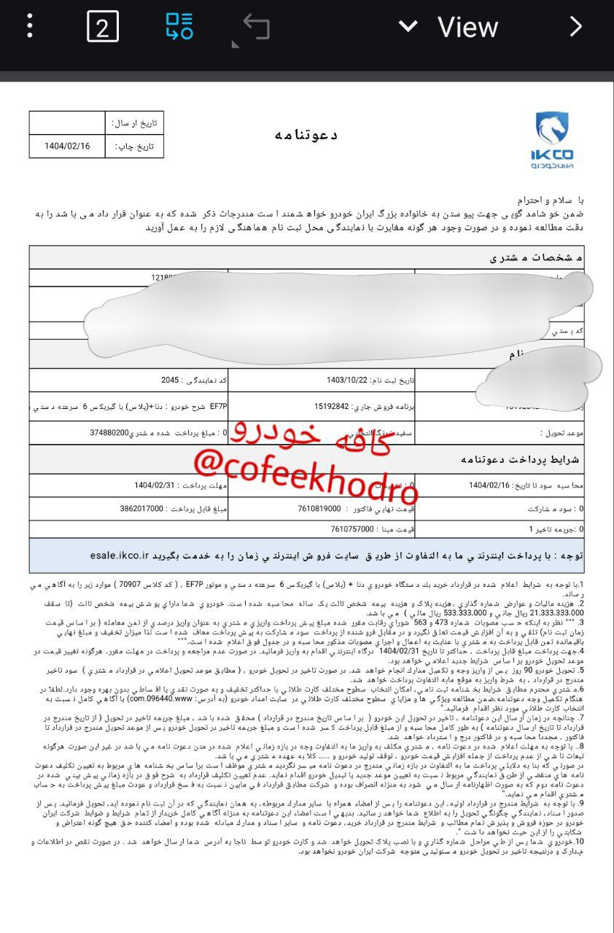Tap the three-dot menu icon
click(x=30, y=26)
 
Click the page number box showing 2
click(x=103, y=27)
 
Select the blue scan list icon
click(x=179, y=26)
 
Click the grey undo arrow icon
click(x=255, y=27)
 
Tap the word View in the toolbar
click(x=467, y=28)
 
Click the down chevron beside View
click(x=408, y=27)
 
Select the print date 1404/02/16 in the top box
click(x=67, y=146)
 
